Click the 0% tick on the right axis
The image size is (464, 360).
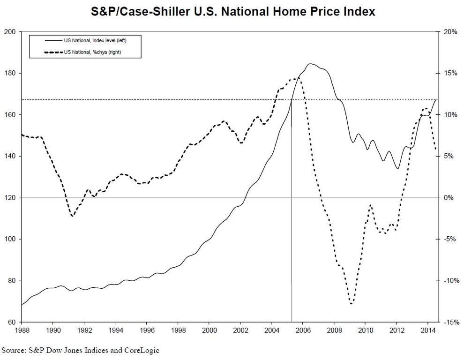pos(449,198)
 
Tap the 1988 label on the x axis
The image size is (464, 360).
pos(22,330)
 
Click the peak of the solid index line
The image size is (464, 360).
pos(311,64)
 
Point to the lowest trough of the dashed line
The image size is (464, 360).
pos(351,304)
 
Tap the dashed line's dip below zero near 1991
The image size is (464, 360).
pos(72,216)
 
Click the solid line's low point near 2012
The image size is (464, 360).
pos(397,169)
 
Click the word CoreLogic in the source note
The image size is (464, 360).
pos(142,350)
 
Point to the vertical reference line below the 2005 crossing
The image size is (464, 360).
pos(292,258)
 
